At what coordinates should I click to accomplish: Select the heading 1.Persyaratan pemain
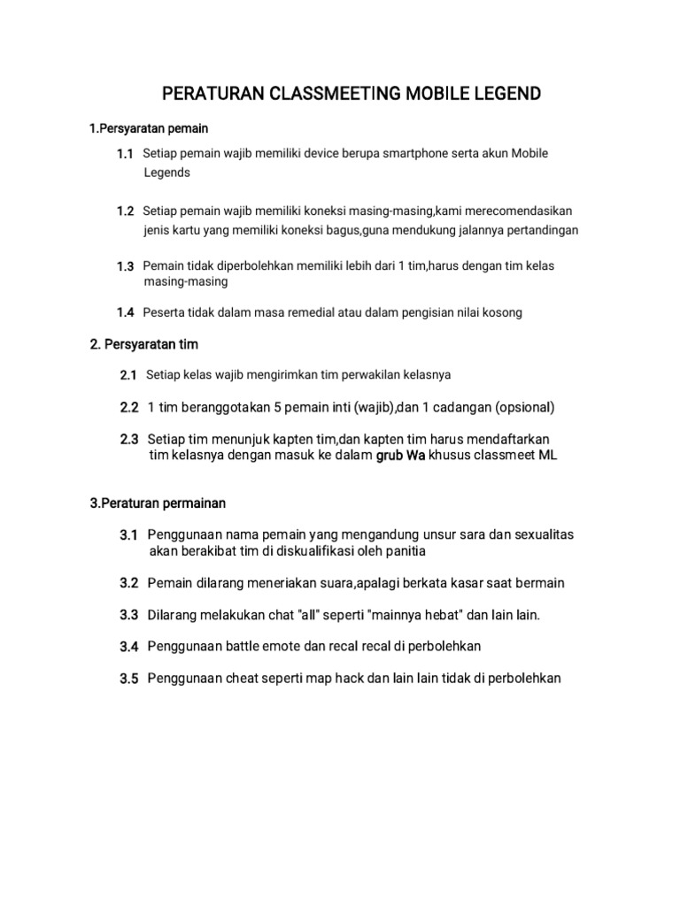pyautogui.click(x=149, y=129)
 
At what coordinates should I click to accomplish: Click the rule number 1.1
pyautogui.click(x=125, y=154)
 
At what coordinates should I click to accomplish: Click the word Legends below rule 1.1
pyautogui.click(x=167, y=173)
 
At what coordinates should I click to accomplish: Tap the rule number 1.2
pyautogui.click(x=125, y=211)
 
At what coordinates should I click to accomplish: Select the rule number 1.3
pyautogui.click(x=125, y=266)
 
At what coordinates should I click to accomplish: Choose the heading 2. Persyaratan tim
pyautogui.click(x=144, y=344)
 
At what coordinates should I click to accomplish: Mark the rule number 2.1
pyautogui.click(x=128, y=376)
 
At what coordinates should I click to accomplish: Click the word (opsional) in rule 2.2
pyautogui.click(x=525, y=407)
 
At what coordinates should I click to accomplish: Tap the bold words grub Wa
pyautogui.click(x=401, y=455)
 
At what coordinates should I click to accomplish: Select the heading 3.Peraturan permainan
pyautogui.click(x=158, y=503)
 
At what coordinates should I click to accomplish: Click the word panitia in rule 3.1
pyautogui.click(x=403, y=551)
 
